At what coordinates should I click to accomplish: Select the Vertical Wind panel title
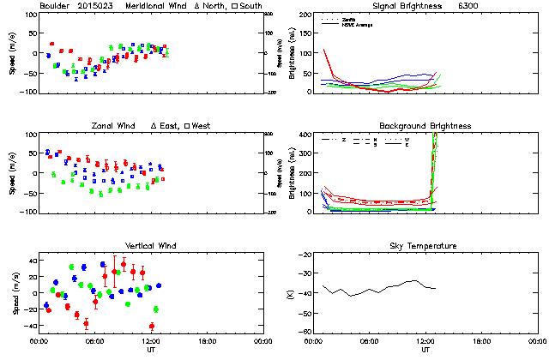pos(150,246)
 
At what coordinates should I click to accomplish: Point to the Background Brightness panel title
pos(422,126)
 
